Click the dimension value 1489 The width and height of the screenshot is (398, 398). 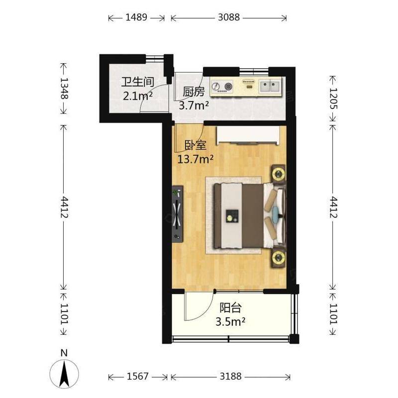(136, 17)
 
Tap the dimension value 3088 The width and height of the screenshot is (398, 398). (229, 17)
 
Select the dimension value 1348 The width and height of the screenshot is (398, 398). (64, 88)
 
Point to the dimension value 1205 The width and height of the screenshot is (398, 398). (333, 99)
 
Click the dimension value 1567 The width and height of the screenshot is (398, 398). (137, 376)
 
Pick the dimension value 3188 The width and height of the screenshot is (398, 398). (230, 376)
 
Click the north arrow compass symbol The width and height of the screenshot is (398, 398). (64, 373)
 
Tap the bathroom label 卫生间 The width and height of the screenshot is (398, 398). (138, 82)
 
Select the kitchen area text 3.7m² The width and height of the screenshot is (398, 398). (194, 105)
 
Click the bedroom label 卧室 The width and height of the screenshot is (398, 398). (195, 145)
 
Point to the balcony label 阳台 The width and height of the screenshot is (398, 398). (230, 308)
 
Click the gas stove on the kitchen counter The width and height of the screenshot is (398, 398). (222, 86)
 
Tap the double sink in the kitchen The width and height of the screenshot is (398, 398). (270, 85)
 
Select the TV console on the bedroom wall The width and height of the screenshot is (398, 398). (178, 214)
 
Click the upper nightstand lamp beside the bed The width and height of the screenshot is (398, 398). (279, 174)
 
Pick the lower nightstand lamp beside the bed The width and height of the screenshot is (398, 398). (279, 258)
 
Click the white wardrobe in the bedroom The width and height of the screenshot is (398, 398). (248, 135)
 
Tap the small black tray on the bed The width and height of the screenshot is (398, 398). (232, 216)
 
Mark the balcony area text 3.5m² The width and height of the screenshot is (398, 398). (230, 321)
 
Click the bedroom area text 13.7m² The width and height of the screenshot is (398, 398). (195, 159)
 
